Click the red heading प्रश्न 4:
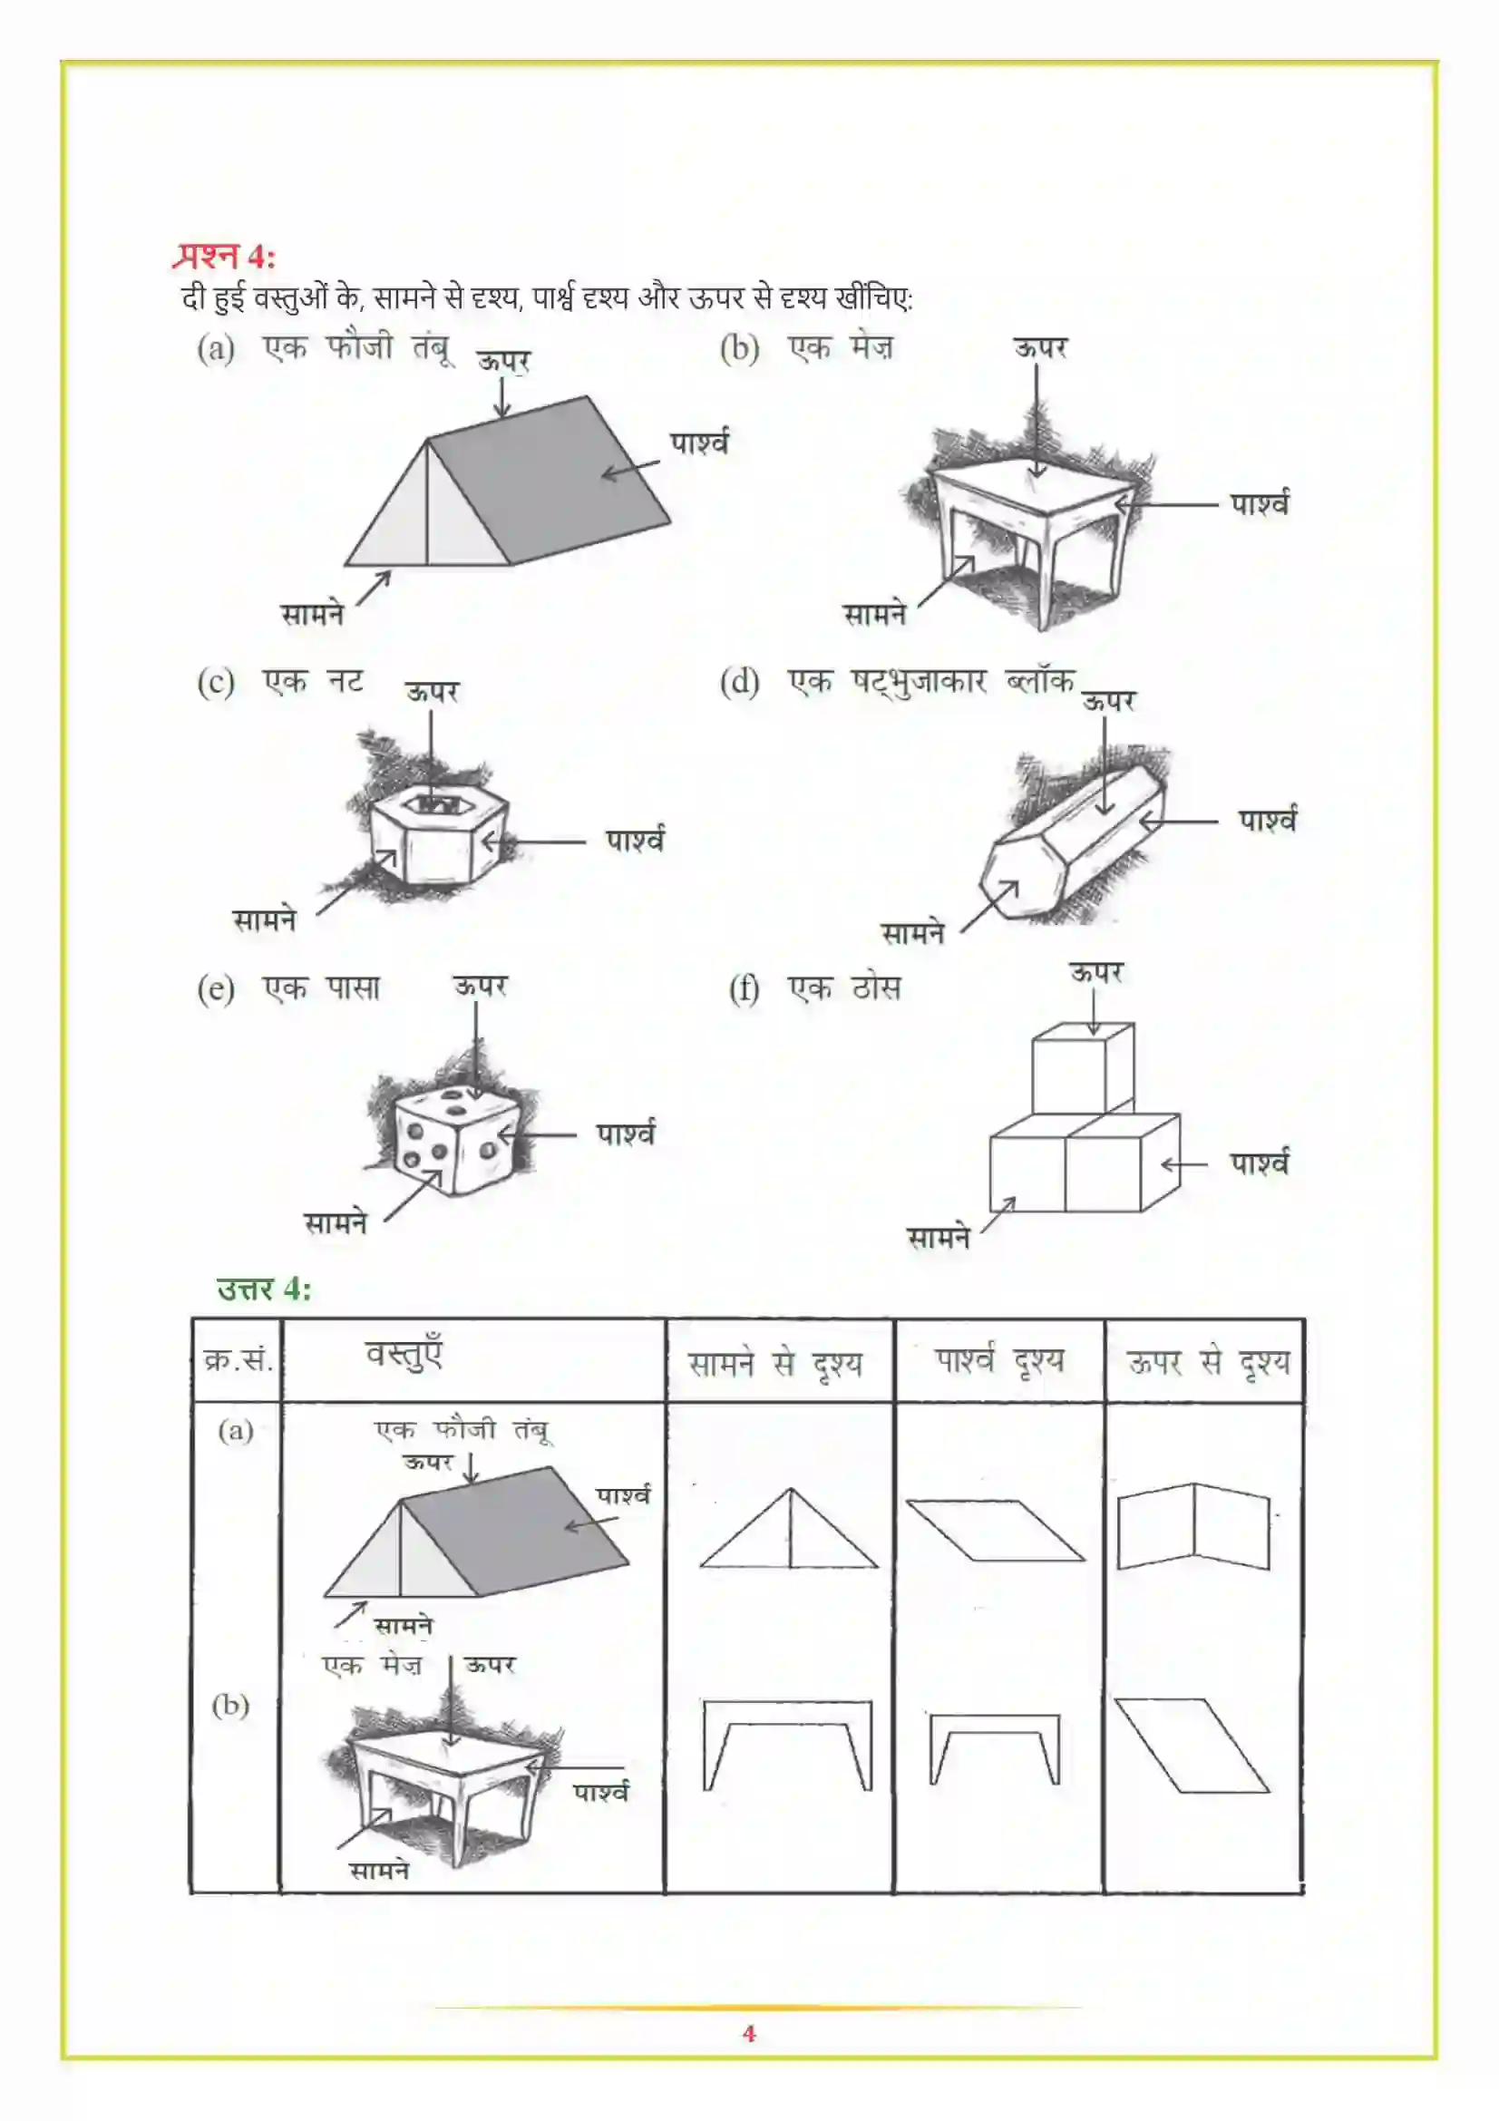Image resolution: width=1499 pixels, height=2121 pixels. pos(223,256)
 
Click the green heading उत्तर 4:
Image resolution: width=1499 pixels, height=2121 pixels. pos(263,1288)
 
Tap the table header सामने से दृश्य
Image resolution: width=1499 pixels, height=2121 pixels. pos(775,1364)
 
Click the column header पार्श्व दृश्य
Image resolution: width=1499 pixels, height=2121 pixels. pos(998,1361)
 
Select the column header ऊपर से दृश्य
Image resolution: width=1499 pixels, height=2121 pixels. pos(1206,1363)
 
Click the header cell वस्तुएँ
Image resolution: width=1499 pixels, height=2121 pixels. pos(404,1355)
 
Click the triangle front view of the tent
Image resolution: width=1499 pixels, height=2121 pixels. pos(789,1532)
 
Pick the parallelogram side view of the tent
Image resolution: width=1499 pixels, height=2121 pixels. pos(996,1531)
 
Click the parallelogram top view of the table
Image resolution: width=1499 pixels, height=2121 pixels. pos(1192,1745)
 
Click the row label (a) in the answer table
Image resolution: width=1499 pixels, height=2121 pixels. pos(236,1431)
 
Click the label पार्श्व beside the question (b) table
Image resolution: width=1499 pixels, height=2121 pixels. pos(1259,504)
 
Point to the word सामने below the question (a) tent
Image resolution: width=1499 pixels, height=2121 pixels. pos(313,614)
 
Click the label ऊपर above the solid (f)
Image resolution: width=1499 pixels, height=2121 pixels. pos(1096,972)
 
